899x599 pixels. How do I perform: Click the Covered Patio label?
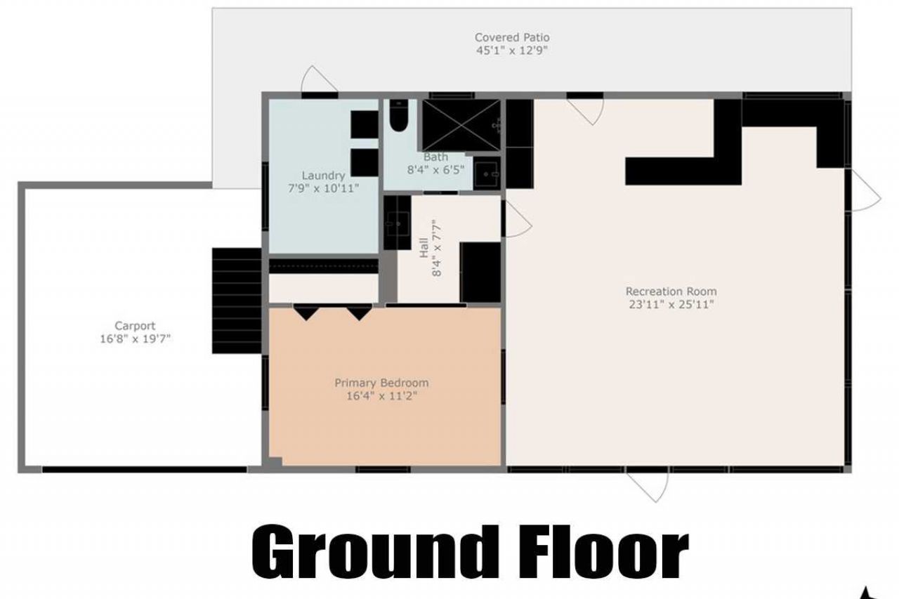point(512,37)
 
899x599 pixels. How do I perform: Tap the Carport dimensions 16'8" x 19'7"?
point(136,338)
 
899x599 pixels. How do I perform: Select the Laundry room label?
point(323,176)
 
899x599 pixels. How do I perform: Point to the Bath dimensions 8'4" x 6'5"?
point(435,169)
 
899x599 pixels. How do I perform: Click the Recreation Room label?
point(671,291)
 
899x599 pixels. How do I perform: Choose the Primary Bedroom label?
point(381,383)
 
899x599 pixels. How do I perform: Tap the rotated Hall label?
point(424,249)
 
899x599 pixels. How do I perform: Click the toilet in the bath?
point(398,116)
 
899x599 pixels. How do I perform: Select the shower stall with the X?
point(461,126)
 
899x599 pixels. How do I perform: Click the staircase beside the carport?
point(237,301)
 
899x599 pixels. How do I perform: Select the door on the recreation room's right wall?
point(865,191)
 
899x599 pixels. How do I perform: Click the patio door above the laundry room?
point(319,81)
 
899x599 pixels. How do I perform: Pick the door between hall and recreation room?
point(517,219)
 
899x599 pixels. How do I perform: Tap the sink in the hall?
point(397,223)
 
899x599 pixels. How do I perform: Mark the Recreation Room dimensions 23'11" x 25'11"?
point(671,305)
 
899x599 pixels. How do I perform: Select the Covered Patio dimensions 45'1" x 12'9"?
point(512,51)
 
